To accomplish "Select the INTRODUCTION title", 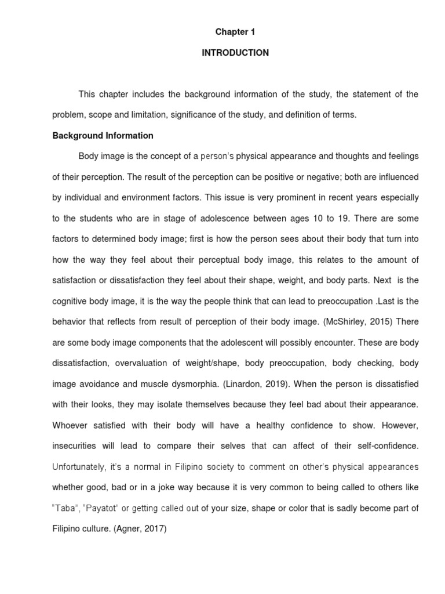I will click(x=235, y=53).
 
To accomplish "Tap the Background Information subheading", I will click(x=103, y=136).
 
